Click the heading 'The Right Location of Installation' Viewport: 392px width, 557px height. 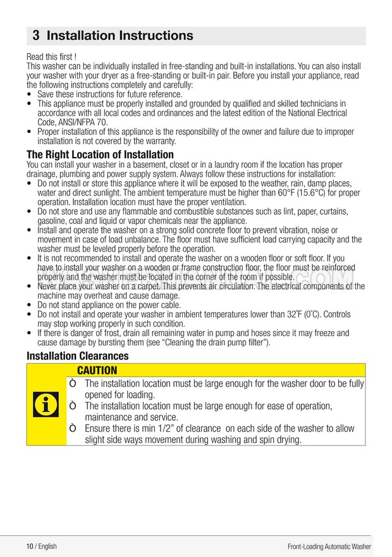pyautogui.click(x=100, y=154)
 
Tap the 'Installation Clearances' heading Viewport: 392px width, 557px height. pyautogui.click(x=77, y=356)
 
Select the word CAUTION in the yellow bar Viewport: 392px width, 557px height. pyautogui.click(x=97, y=370)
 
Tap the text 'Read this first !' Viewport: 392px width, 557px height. pyautogui.click(x=52, y=57)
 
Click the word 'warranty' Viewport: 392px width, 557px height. pyautogui.click(x=160, y=141)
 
